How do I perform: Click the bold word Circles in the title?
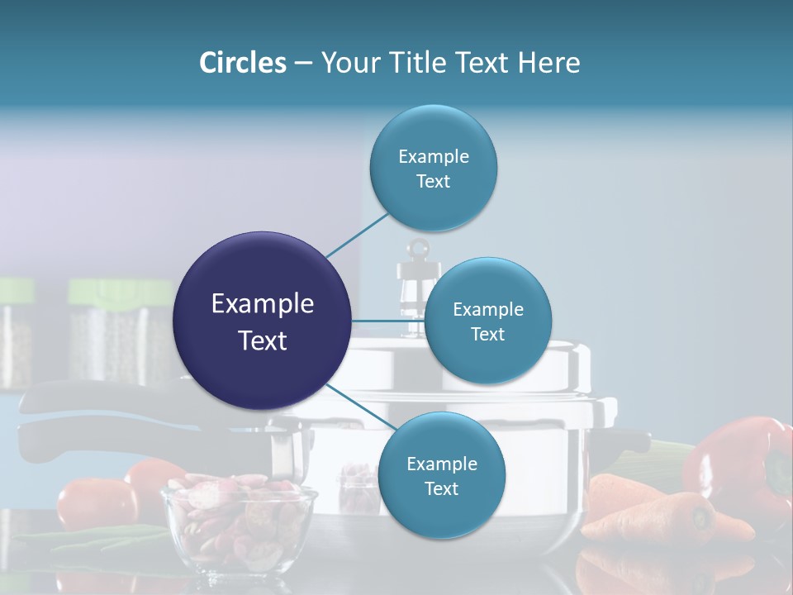tap(242, 63)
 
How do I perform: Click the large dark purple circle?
tap(262, 321)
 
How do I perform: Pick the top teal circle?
tap(433, 169)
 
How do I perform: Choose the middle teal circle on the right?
tap(487, 321)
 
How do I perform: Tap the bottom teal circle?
tap(441, 475)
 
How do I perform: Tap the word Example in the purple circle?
tap(262, 304)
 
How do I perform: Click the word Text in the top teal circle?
tap(433, 182)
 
